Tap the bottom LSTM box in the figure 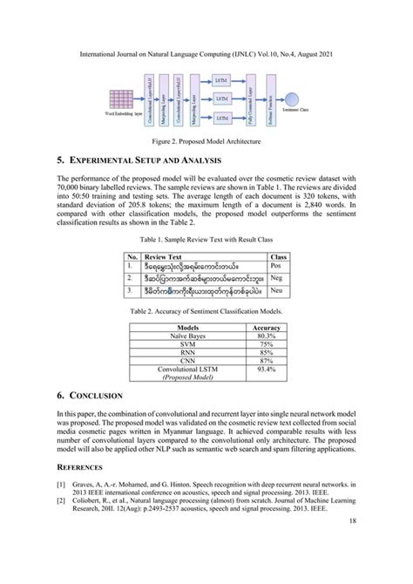pos(221,116)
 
